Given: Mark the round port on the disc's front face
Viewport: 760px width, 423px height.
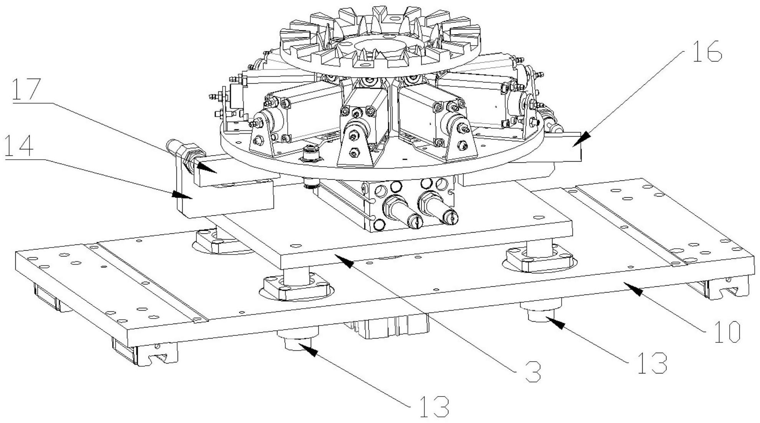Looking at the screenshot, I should (x=310, y=154).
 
